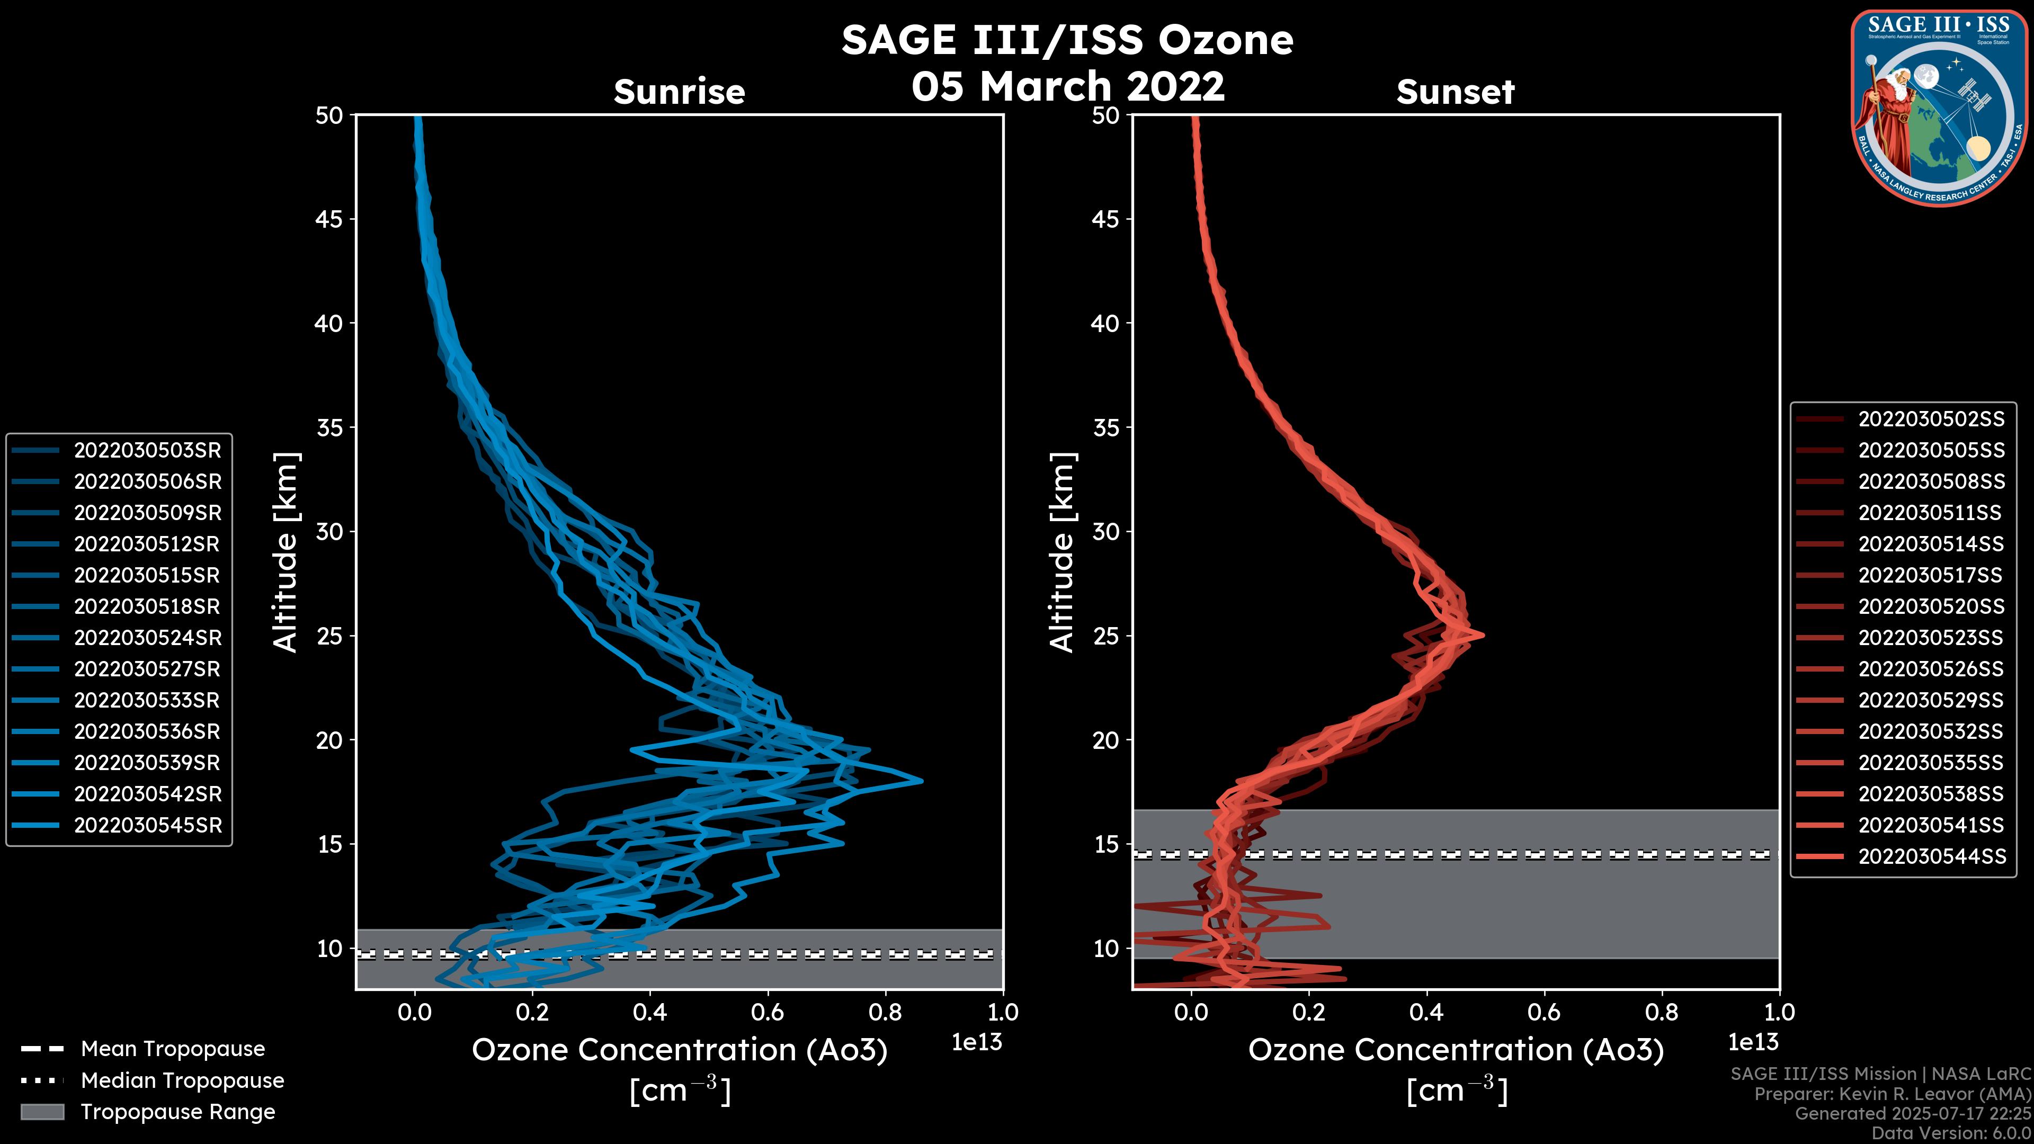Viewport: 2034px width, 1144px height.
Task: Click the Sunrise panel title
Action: click(x=679, y=92)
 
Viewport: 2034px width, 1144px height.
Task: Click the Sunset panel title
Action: click(x=1455, y=92)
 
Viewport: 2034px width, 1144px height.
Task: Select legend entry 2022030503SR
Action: click(x=147, y=450)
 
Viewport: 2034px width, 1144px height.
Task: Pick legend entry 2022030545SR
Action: click(x=147, y=825)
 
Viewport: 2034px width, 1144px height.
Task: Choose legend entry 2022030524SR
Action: click(x=147, y=637)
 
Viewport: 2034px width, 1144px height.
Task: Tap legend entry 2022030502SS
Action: click(x=1931, y=418)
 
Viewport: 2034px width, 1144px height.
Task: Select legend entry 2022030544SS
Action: click(x=1931, y=856)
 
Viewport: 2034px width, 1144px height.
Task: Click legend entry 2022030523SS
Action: click(x=1931, y=637)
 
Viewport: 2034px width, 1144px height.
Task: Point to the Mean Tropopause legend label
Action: click(x=173, y=1049)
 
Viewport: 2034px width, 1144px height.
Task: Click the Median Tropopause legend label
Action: click(x=182, y=1080)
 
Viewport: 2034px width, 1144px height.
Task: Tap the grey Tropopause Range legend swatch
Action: click(x=42, y=1112)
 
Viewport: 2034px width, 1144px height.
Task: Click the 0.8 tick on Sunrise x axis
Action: click(x=885, y=1012)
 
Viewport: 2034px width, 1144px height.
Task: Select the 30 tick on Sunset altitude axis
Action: click(x=1105, y=531)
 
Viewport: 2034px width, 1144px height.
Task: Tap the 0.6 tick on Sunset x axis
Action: click(x=1544, y=1012)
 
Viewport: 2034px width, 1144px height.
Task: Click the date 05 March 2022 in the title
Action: click(x=1067, y=85)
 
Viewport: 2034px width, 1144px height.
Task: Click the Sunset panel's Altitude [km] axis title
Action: click(x=1062, y=552)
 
